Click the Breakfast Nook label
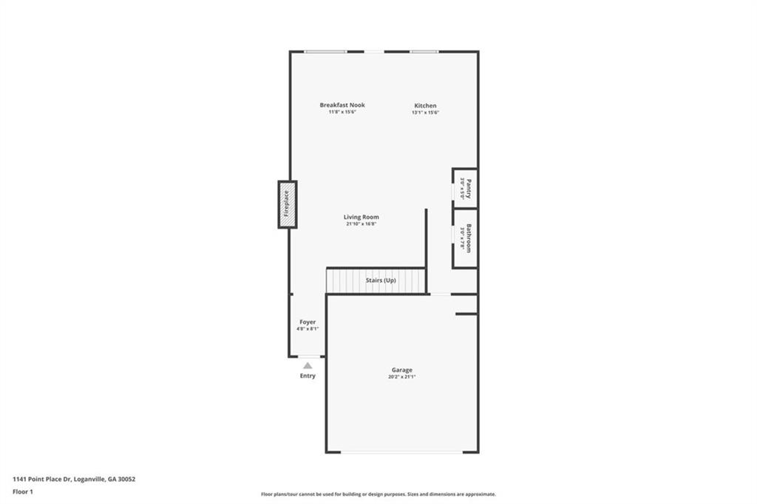[x=342, y=105]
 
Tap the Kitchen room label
[x=425, y=105]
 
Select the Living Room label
[x=361, y=217]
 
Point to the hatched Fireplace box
[x=288, y=204]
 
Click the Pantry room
[x=465, y=188]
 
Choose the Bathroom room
[x=465, y=238]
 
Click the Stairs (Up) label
[x=381, y=280]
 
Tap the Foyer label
[x=308, y=322]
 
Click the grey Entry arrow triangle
[x=308, y=366]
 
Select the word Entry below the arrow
[x=308, y=375]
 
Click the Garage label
[x=401, y=369]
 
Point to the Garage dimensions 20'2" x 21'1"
[x=401, y=377]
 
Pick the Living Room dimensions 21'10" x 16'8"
[x=361, y=224]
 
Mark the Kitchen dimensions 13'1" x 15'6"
[x=425, y=112]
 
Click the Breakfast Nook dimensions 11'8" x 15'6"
[x=342, y=112]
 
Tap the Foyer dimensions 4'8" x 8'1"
[x=308, y=329]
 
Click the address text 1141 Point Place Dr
[x=42, y=480]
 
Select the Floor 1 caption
[x=23, y=492]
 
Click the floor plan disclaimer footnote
[x=378, y=494]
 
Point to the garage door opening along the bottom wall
[x=401, y=452]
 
